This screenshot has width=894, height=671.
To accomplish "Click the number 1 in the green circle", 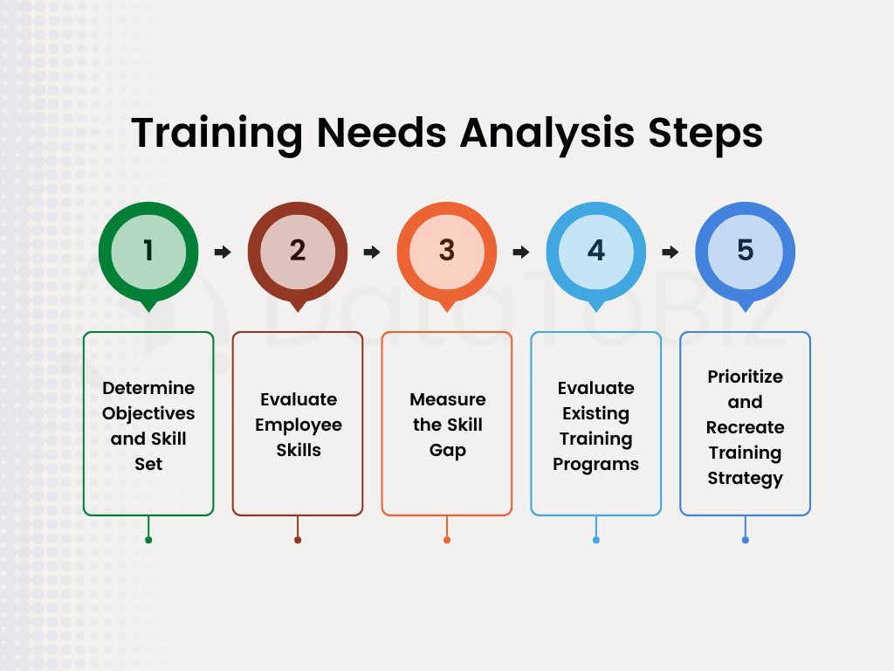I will pos(148,250).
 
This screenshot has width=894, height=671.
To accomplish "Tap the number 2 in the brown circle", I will pos(298,250).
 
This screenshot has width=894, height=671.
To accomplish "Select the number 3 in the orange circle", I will pos(447,250).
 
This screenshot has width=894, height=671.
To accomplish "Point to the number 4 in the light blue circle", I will pos(596,250).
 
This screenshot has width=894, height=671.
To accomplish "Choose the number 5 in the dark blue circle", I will pos(745,250).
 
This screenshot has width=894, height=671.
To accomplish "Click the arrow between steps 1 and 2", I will pos(223,252).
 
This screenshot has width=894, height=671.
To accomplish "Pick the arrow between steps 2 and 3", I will pos(372,252).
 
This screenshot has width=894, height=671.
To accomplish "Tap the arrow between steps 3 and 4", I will pos(521,252).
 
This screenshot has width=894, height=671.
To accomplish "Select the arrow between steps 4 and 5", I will pos(670,252).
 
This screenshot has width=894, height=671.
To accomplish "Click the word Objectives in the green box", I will pos(148,413).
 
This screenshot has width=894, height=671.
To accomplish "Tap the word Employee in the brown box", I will pos(299,425).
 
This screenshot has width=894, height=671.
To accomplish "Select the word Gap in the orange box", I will pos(447,451).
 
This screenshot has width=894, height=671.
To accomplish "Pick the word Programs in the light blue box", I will pos(596,464).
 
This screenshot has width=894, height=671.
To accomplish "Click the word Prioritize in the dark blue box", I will pos(745,377).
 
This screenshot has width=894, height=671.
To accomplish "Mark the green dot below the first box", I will pos(148,540).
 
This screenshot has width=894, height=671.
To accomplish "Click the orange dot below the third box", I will pos(447,540).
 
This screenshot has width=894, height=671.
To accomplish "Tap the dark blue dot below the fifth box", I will pos(745,540).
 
